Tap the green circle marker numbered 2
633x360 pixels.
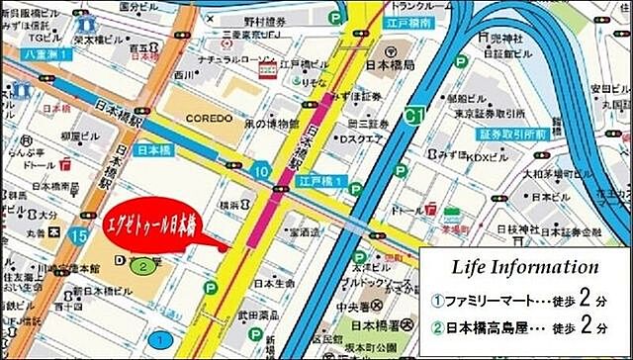click(143, 266)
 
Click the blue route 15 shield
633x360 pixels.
click(79, 234)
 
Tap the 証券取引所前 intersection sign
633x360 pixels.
click(512, 134)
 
